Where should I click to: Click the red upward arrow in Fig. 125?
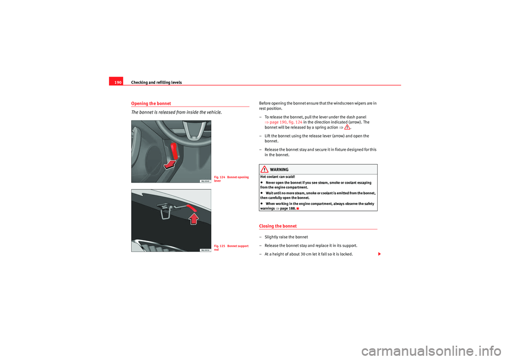point(195,217)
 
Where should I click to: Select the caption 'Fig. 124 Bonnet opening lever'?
point(232,179)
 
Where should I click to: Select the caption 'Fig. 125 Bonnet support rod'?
point(232,247)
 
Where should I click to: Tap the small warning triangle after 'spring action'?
point(346,127)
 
